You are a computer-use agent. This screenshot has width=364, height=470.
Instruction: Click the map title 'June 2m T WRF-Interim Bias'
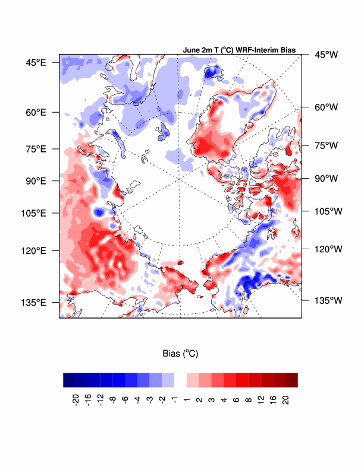tap(240, 51)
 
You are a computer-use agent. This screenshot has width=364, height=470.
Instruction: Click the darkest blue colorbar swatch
tap(70, 380)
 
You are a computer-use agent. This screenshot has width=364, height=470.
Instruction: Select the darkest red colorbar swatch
tap(291, 380)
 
